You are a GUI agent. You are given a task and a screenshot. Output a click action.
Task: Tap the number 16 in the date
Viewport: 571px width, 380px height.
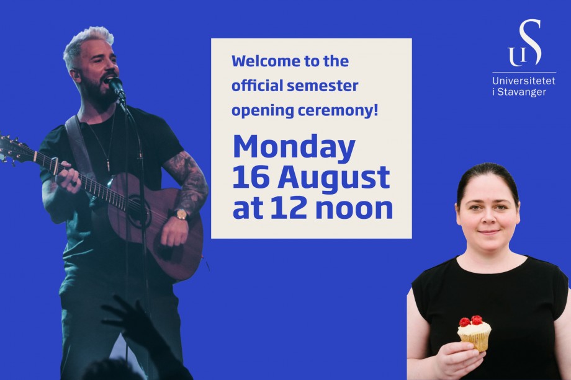point(251,177)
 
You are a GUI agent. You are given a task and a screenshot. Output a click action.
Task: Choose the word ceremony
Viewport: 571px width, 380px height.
point(338,110)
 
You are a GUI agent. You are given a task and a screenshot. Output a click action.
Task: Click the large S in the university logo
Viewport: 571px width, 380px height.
point(530,43)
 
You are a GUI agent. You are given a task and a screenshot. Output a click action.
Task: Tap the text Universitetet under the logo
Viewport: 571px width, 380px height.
point(524,81)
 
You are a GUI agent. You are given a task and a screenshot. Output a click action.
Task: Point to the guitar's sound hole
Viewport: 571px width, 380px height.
point(139,210)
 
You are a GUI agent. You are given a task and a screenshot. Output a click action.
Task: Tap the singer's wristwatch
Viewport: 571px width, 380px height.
point(181,214)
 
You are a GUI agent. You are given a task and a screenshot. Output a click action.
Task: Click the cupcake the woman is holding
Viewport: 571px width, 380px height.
point(474,333)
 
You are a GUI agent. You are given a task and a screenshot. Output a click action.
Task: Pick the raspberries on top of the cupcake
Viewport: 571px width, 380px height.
point(471,321)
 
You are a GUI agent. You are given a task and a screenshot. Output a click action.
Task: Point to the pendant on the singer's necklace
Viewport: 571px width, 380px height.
point(108,166)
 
